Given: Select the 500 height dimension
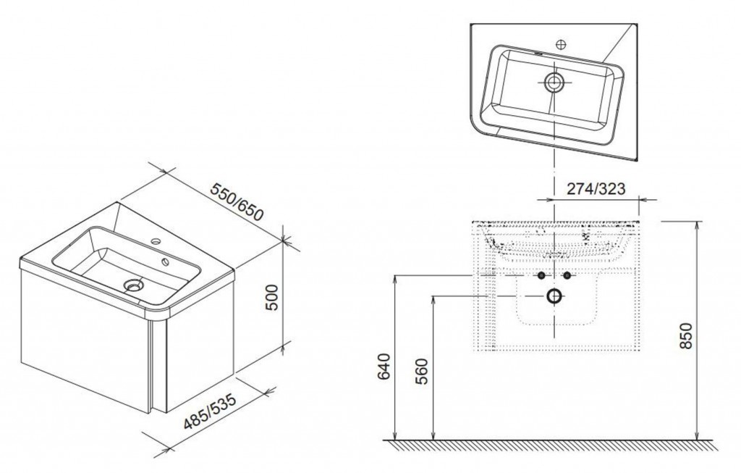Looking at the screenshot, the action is pos(272,297).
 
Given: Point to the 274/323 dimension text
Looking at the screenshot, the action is pos(596,188).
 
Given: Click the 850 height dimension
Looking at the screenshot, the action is pos(686,335).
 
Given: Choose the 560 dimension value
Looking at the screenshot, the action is pos(423,372).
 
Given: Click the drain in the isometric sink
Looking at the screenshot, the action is pos(134,285).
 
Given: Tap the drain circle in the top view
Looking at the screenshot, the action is pos(552,82).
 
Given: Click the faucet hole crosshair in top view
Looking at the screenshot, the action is pos(561,44).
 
